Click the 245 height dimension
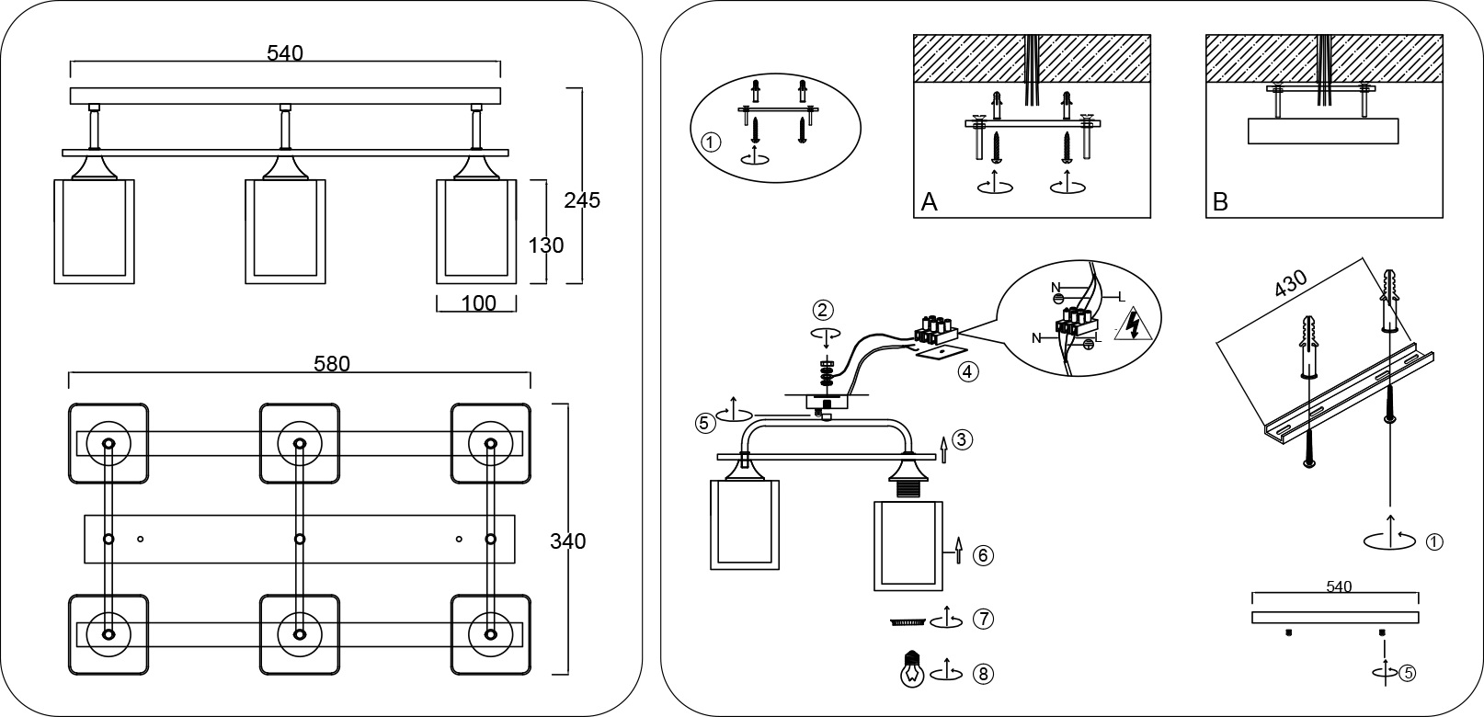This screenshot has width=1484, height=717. [x=582, y=199]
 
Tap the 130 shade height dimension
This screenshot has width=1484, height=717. [x=545, y=245]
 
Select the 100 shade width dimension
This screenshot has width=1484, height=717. [x=478, y=303]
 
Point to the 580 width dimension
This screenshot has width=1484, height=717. [x=332, y=364]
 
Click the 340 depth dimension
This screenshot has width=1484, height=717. [x=567, y=541]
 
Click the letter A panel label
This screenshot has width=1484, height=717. [x=929, y=202]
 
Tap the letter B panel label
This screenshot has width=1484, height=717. [x=1220, y=202]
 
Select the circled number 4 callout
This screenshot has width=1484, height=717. [x=966, y=372]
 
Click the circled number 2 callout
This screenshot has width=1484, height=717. [x=823, y=309]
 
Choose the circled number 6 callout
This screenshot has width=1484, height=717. [x=982, y=555]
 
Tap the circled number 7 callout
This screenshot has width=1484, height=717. [x=982, y=619]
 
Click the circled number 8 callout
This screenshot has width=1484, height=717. [x=982, y=674]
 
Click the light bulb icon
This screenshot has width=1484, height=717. [x=911, y=670]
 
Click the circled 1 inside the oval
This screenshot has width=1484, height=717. [x=710, y=143]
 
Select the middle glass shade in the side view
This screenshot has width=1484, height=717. [x=285, y=232]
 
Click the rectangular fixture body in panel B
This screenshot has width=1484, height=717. [x=1322, y=131]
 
